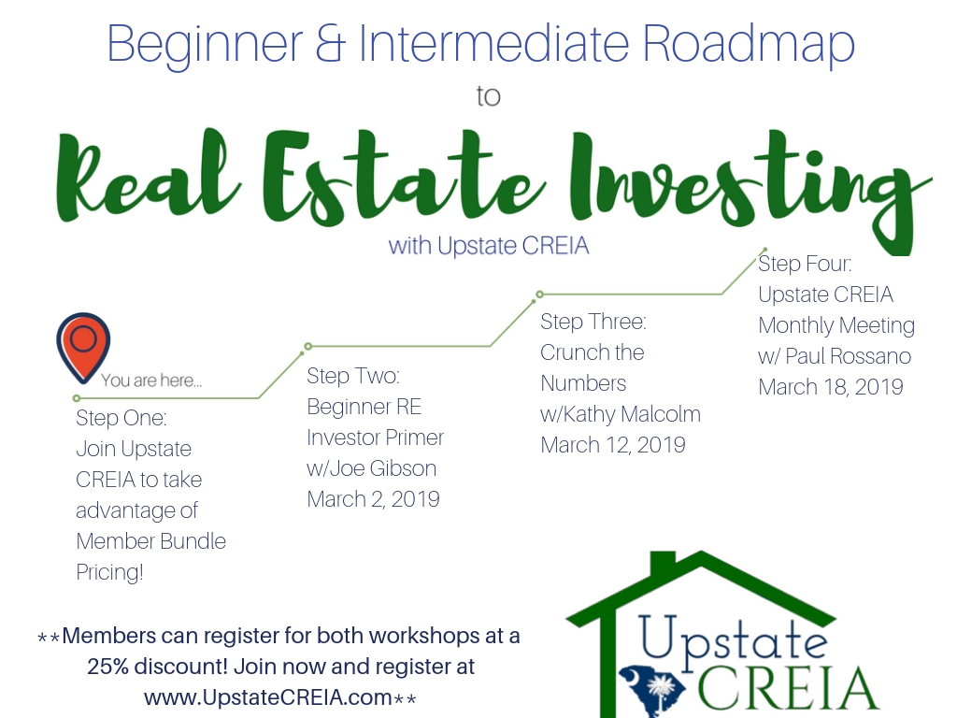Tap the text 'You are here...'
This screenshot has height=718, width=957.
pyautogui.click(x=151, y=381)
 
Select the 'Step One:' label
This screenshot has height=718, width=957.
pyautogui.click(x=121, y=418)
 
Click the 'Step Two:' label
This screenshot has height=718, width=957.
pyautogui.click(x=352, y=376)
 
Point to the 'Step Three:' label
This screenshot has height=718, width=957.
pyautogui.click(x=593, y=322)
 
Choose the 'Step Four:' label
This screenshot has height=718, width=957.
pyautogui.click(x=805, y=264)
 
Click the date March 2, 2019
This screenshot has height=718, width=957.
pyautogui.click(x=373, y=499)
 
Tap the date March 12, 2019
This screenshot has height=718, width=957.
pyautogui.click(x=613, y=445)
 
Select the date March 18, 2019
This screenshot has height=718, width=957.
pyautogui.click(x=831, y=387)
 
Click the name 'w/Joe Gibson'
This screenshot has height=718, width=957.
pyautogui.click(x=371, y=468)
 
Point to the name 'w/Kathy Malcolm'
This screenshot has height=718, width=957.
pyautogui.click(x=621, y=414)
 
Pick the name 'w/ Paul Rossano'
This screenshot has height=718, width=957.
pyautogui.click(x=835, y=356)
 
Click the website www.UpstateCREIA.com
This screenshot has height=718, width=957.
pyautogui.click(x=268, y=697)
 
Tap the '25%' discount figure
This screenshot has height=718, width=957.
pyautogui.click(x=107, y=666)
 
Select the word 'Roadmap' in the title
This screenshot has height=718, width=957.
pyautogui.click(x=749, y=45)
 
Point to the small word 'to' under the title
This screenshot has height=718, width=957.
pyautogui.click(x=488, y=96)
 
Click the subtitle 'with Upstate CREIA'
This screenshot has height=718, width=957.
pyautogui.click(x=489, y=246)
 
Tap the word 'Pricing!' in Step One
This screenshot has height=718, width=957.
pyautogui.click(x=110, y=573)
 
